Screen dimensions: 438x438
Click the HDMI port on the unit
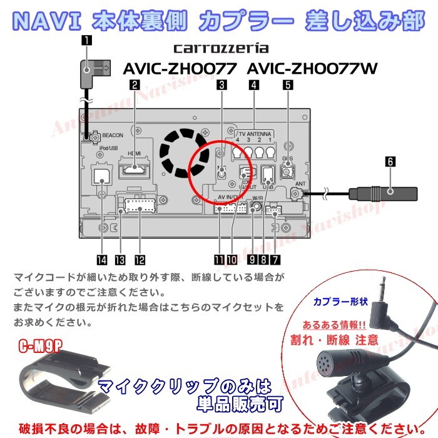[136, 168]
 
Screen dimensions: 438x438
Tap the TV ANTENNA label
[254, 134]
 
